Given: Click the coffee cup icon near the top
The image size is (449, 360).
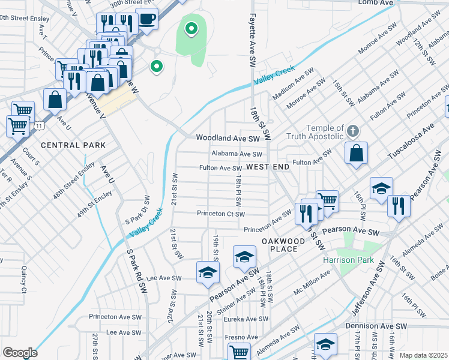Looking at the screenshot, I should pos(147,19).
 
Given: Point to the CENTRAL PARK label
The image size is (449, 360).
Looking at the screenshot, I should pos(73,145).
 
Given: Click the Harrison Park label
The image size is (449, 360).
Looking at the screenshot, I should pos(348,260).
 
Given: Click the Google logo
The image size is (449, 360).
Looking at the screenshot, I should pos(19,353).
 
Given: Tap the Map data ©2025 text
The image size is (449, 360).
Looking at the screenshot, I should pos(423,355).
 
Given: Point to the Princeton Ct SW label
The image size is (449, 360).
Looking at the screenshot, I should pos(221,214).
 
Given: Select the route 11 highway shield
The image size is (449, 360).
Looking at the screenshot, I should pos(39,126).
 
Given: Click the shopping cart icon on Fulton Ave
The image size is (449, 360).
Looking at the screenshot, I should pos(328,201).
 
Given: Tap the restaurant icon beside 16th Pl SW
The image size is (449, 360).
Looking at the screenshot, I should pos(399,206).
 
